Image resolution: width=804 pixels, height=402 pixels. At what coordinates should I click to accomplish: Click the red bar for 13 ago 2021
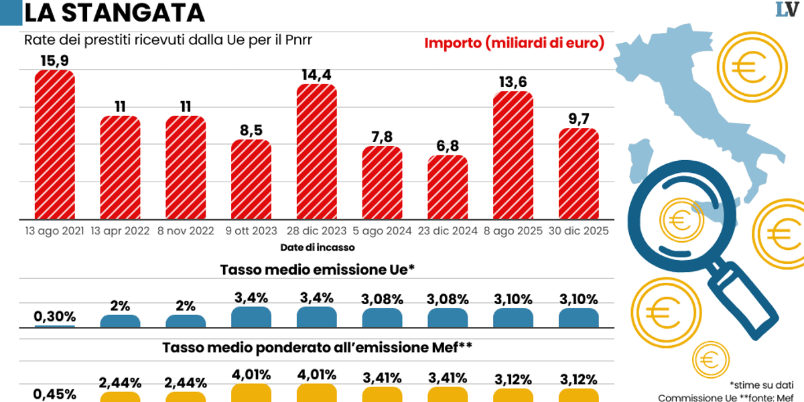[x=54, y=145]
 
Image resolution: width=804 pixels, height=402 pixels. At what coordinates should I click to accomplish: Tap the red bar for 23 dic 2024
[x=448, y=188]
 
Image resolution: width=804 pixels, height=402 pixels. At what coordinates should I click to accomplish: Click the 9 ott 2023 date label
[x=251, y=231]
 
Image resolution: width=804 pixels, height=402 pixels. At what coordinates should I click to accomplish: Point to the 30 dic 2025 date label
[x=579, y=231]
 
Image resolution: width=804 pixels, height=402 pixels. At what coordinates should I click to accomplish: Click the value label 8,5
[x=251, y=130]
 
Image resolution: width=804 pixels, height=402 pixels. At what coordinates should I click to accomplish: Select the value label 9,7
[x=579, y=119]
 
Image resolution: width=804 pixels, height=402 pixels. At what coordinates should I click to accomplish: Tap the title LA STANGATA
[x=115, y=13]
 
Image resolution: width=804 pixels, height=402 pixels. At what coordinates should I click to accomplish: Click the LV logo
[x=788, y=10]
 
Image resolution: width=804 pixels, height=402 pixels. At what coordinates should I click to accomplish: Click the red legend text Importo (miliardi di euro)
[x=514, y=43]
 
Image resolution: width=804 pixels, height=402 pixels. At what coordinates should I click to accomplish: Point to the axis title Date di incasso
[x=318, y=247]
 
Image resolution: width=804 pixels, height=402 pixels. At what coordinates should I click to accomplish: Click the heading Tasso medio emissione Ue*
[x=318, y=269]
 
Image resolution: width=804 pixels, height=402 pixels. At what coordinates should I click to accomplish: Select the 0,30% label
[x=54, y=316]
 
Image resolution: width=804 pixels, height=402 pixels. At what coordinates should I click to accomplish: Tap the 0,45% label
[x=54, y=393]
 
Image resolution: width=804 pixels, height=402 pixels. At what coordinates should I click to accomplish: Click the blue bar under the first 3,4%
[x=251, y=317]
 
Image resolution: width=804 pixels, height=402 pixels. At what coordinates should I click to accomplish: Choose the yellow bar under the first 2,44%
[x=120, y=396]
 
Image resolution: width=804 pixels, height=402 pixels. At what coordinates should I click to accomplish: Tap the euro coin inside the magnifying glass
[x=679, y=220]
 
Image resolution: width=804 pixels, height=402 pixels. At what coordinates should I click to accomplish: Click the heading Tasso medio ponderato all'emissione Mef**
[x=318, y=348]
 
